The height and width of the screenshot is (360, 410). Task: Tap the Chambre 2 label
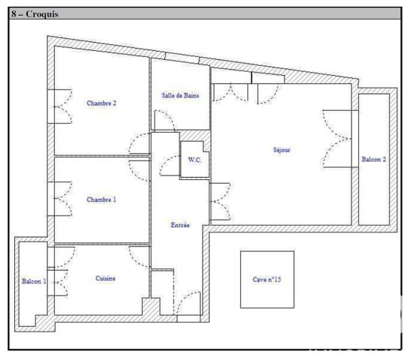(101, 103)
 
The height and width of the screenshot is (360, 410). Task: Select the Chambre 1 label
(101, 199)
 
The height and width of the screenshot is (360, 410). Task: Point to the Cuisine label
(105, 278)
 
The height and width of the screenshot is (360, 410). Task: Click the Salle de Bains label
(180, 95)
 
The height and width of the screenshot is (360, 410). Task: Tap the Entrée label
(180, 225)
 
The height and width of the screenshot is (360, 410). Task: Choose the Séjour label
(282, 150)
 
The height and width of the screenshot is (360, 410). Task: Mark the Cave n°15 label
(267, 279)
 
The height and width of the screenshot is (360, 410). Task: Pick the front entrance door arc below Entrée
(188, 303)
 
